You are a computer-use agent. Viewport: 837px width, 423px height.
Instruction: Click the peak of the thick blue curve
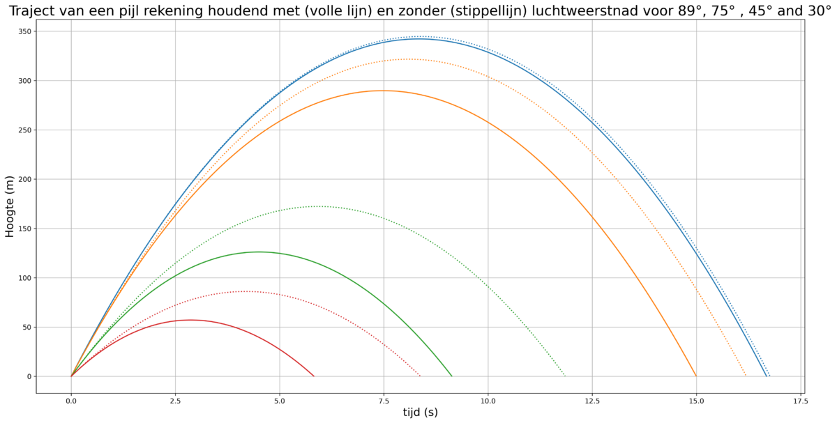[418, 38]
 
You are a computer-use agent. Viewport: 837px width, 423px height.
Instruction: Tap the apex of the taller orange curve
[408, 59]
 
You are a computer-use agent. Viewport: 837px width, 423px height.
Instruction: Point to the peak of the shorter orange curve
[382, 91]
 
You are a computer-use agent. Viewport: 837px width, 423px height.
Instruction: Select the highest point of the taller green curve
[318, 206]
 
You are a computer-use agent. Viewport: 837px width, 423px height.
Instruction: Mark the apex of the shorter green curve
[260, 252]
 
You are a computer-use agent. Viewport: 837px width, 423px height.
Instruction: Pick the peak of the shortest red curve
[193, 320]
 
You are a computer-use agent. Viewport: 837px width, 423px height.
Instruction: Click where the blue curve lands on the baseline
[767, 376]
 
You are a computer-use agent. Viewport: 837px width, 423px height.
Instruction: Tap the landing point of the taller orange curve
[746, 376]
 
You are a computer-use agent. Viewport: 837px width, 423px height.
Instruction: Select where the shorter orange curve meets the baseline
[695, 376]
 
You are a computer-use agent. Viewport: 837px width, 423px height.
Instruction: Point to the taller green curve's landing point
[565, 376]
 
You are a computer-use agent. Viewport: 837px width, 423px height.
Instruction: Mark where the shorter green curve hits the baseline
[452, 376]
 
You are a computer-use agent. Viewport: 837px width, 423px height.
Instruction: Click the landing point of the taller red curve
[421, 376]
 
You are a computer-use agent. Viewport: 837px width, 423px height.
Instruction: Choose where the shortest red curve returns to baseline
[315, 376]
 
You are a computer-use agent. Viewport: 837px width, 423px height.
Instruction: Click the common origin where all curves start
[71, 376]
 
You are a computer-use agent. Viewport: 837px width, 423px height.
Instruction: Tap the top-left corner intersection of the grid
[71, 31]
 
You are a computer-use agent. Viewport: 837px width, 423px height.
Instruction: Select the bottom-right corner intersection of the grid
[801, 376]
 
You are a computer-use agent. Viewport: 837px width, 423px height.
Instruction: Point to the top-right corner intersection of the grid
[801, 31]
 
